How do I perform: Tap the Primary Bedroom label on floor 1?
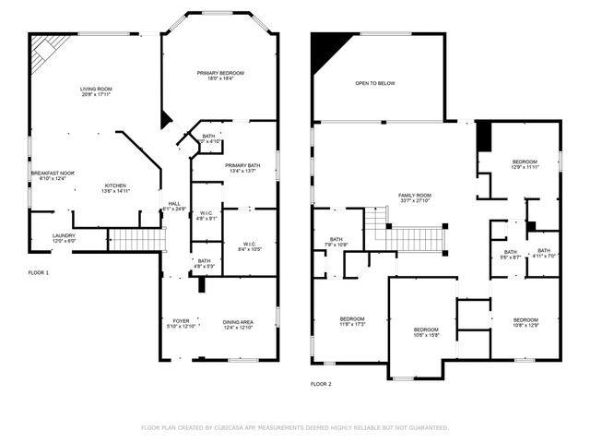[220, 76]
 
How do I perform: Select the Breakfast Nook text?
[53, 175]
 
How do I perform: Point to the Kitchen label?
[115, 188]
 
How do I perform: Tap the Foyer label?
[178, 324]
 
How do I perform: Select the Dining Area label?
[238, 324]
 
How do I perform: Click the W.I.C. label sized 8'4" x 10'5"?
[248, 246]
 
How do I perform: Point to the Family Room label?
[415, 198]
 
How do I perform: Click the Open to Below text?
[375, 83]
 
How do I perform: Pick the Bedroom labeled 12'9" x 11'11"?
[525, 164]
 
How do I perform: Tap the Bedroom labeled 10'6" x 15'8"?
[426, 332]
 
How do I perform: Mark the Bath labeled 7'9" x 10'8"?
[336, 242]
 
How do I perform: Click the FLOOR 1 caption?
[38, 273]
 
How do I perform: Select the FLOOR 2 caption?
[321, 383]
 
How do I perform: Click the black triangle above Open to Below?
[324, 45]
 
